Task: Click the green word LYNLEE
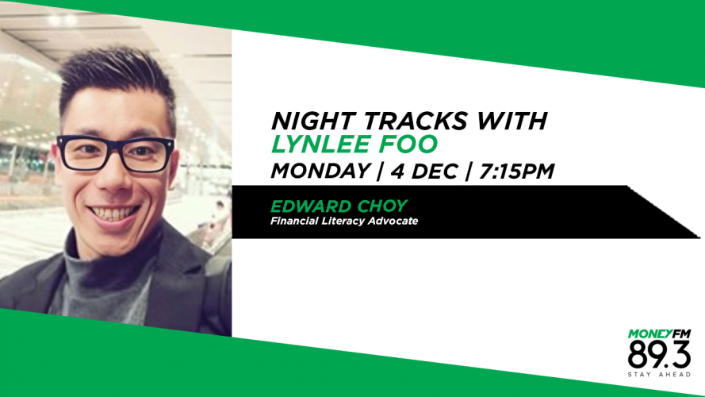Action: (320, 144)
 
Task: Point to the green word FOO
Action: (408, 144)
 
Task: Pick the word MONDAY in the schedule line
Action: (320, 171)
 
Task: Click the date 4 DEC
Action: (424, 171)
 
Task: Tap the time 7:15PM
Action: (516, 171)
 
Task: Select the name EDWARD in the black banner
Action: (311, 206)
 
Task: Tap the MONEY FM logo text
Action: (659, 334)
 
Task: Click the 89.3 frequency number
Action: (659, 355)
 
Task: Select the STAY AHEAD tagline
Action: (659, 375)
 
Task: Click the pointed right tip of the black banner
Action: (699, 237)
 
